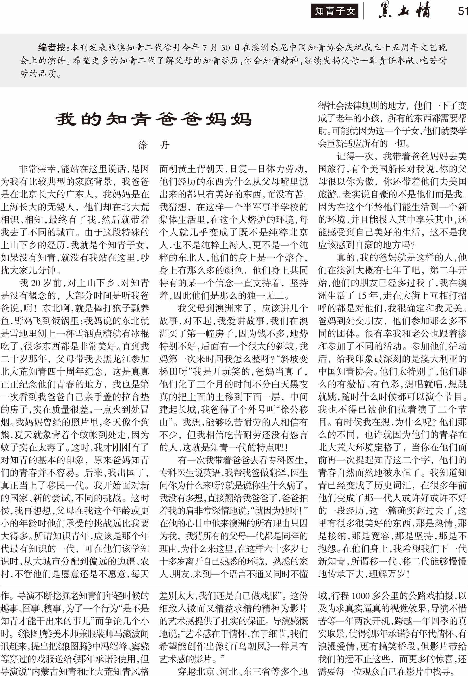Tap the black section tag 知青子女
coord(334,11)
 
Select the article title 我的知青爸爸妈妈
coord(154,119)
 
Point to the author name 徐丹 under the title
coord(153,145)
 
